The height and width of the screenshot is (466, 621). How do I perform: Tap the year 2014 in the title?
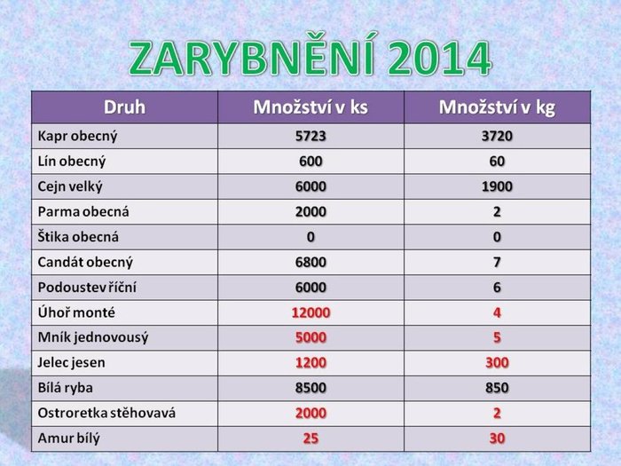click(x=440, y=58)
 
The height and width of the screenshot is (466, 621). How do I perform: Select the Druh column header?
click(x=124, y=107)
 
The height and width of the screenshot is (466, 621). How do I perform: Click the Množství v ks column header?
click(x=310, y=107)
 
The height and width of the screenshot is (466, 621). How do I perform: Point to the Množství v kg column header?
click(x=497, y=107)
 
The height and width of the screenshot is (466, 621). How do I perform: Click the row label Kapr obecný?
click(x=78, y=137)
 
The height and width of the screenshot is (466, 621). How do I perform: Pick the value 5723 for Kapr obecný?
click(x=310, y=136)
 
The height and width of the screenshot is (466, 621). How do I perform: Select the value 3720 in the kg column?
click(x=497, y=136)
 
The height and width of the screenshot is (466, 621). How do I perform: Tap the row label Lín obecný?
click(x=72, y=162)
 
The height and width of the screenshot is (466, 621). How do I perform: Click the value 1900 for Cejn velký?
click(x=497, y=186)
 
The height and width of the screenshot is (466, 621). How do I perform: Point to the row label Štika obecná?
click(x=78, y=237)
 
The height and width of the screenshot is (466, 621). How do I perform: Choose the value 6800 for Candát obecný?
click(x=310, y=262)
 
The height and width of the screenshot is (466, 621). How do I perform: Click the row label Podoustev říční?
click(x=87, y=287)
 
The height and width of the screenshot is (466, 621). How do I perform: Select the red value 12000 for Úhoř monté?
click(x=310, y=312)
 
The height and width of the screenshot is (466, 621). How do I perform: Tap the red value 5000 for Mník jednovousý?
click(x=310, y=337)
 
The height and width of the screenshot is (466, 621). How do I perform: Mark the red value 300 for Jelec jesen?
click(x=497, y=362)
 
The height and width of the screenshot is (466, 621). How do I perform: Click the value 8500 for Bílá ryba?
click(x=310, y=388)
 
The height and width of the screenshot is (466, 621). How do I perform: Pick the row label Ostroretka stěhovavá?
click(x=106, y=413)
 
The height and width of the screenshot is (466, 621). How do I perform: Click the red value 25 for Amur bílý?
click(x=310, y=438)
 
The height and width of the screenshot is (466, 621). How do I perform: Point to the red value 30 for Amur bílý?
click(x=497, y=438)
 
